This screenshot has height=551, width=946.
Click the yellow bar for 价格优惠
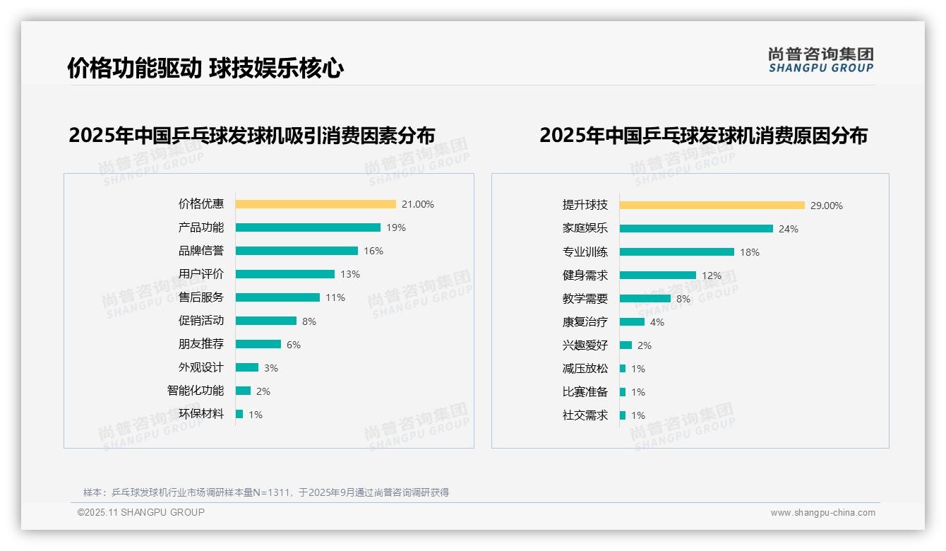pyautogui.click(x=316, y=204)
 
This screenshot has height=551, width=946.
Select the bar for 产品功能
pyautogui.click(x=308, y=227)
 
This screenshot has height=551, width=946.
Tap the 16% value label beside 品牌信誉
pyautogui.click(x=373, y=251)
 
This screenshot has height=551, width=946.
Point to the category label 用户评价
pyautogui.click(x=200, y=274)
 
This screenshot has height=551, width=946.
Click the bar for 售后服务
pyautogui.click(x=277, y=297)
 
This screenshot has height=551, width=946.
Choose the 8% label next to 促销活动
pyautogui.click(x=309, y=321)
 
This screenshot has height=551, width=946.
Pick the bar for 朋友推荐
pyautogui.click(x=258, y=344)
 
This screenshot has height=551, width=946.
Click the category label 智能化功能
pyautogui.click(x=196, y=391)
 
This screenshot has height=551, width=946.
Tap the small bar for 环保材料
pyautogui.click(x=239, y=414)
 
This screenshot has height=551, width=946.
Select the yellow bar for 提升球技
pyautogui.click(x=712, y=206)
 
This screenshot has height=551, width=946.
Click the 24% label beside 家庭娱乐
pyautogui.click(x=789, y=229)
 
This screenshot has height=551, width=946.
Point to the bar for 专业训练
pyautogui.click(x=676, y=252)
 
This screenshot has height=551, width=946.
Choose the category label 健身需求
pyautogui.click(x=585, y=275)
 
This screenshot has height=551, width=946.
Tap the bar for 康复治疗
pyautogui.click(x=632, y=322)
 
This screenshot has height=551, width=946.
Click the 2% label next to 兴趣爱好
pyautogui.click(x=644, y=345)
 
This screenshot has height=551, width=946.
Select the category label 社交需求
pyautogui.click(x=585, y=415)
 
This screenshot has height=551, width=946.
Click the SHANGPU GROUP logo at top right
pyautogui.click(x=821, y=60)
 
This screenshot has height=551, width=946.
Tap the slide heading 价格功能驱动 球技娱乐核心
pyautogui.click(x=205, y=69)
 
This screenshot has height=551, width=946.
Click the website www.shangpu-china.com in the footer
pyautogui.click(x=822, y=513)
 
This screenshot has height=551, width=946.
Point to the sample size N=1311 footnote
pyautogui.click(x=265, y=492)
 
